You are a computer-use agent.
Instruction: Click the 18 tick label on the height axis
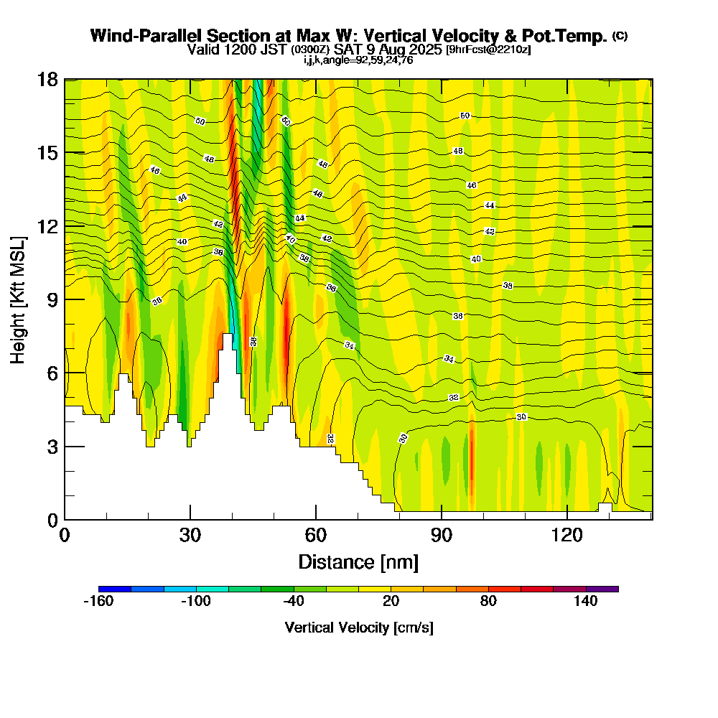point(47,79)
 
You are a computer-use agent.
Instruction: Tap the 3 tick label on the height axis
point(52,447)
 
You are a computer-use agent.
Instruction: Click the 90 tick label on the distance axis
point(442,536)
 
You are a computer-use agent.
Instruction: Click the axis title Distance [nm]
point(358,561)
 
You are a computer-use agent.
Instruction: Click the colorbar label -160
point(98,602)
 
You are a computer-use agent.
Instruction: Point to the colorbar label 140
point(586,602)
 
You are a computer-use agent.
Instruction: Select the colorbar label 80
point(488,602)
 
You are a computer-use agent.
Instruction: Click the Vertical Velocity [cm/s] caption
point(358,628)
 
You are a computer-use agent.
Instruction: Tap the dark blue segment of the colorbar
point(115,589)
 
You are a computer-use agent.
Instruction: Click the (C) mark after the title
point(620,35)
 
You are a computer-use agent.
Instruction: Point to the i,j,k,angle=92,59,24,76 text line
point(358,60)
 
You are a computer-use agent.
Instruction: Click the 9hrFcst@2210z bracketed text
point(488,50)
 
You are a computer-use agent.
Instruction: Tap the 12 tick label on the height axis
point(47,225)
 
